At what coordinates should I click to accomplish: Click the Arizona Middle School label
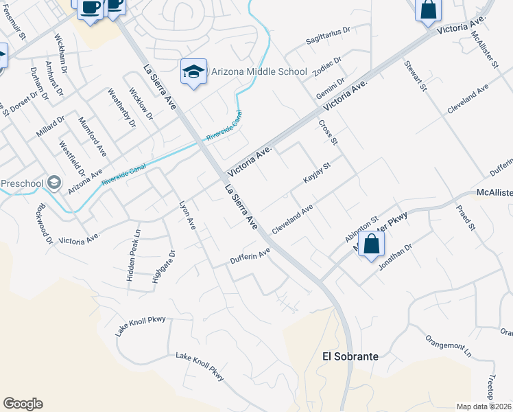[x=259, y=71]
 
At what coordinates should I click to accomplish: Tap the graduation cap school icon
[x=193, y=71]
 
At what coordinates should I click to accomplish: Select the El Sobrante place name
[x=350, y=357]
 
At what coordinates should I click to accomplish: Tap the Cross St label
[x=329, y=133]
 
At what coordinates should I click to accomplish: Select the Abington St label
[x=361, y=229]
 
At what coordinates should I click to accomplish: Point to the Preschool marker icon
[x=54, y=183]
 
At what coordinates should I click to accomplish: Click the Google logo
[x=23, y=404]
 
